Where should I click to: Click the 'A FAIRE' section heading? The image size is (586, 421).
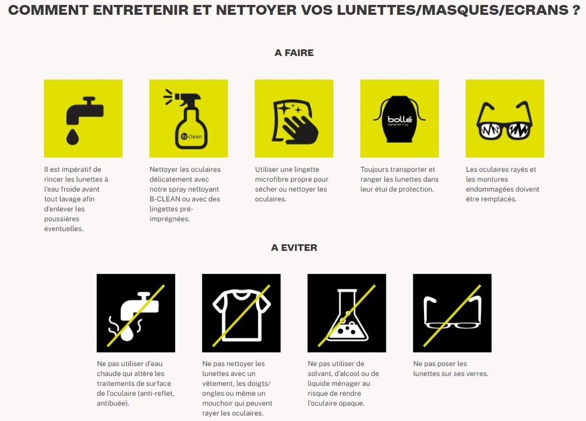click(x=294, y=53)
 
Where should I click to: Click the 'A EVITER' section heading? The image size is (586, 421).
click(x=294, y=248)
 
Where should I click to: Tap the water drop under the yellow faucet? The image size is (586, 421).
click(x=73, y=137)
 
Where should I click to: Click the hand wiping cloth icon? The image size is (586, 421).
click(x=294, y=121)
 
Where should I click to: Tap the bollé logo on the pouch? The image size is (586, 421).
click(x=399, y=120)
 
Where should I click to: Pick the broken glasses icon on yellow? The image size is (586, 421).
click(x=504, y=121)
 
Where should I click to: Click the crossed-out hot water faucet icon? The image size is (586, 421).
click(x=136, y=313)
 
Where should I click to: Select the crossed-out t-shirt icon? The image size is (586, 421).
click(x=241, y=313)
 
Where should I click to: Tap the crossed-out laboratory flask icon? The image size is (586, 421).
click(x=346, y=313)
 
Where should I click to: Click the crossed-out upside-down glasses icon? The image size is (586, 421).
click(x=452, y=313)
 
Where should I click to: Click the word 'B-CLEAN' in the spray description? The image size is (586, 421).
click(x=167, y=199)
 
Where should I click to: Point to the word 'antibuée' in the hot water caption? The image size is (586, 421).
click(x=112, y=403)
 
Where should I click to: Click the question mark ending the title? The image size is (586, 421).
click(x=575, y=10)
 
